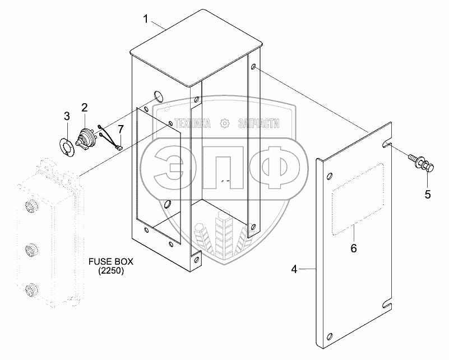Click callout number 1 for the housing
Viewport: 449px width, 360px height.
[x=146, y=19]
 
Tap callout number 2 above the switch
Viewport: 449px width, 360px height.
[x=84, y=108]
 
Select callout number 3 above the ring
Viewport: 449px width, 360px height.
[x=67, y=116]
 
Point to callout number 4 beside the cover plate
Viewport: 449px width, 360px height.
[x=294, y=269]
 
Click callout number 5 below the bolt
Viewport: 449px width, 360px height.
[x=428, y=195]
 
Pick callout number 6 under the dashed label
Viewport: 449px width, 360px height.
[x=354, y=248]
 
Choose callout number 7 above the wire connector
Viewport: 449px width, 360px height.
[x=121, y=129]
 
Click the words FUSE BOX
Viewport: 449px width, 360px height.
[x=111, y=261]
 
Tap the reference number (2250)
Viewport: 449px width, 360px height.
[x=111, y=271]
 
